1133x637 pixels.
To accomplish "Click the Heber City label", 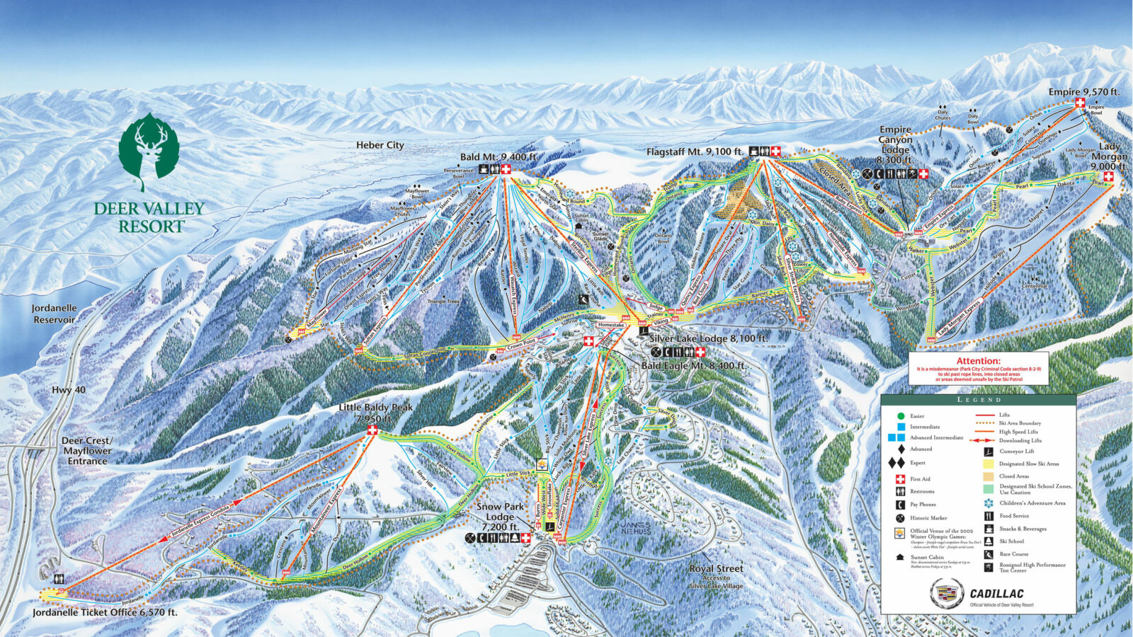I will click(380, 145).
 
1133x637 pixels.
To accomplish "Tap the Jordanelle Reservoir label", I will click(54, 314).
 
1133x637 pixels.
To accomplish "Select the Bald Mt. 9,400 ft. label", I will click(498, 157).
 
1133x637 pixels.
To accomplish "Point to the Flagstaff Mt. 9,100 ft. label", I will click(695, 151).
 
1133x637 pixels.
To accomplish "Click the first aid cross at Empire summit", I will click(1080, 103).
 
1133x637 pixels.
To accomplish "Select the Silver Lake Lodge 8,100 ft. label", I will click(708, 338).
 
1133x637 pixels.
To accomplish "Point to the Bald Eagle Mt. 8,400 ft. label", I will click(693, 366).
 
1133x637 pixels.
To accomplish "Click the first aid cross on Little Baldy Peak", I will click(372, 430).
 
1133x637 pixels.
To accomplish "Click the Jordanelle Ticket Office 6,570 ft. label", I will click(105, 612).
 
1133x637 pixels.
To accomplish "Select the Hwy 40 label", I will click(69, 390).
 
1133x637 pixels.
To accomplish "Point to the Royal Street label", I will click(716, 568).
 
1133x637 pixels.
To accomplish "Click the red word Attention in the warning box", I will click(978, 361).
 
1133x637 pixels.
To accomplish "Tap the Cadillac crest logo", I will click(947, 593).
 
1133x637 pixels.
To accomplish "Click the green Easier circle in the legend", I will click(900, 416).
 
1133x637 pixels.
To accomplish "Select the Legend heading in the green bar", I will click(979, 400).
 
